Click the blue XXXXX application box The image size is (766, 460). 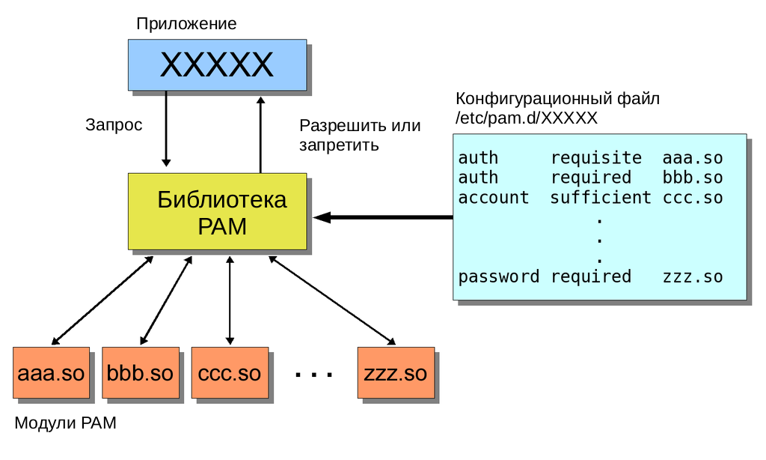218,65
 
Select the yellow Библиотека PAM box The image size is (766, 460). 218,211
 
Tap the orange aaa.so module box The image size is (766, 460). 52,373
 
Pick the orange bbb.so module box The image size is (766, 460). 141,373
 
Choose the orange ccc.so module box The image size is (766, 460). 230,373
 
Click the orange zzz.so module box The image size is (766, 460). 396,373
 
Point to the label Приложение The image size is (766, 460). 186,24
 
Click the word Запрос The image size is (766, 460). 114,125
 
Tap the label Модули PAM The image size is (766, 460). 66,423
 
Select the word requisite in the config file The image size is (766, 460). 596,158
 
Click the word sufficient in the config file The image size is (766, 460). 601,198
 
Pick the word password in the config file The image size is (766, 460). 499,277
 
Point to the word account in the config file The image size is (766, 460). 494,198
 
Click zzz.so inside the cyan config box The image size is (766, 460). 693,277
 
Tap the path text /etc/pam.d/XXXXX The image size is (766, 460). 527,118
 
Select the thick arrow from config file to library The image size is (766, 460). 383,217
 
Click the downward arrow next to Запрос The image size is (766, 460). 166,129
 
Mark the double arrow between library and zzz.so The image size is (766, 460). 332,300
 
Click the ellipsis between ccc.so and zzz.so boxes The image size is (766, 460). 313,375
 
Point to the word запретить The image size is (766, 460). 339,145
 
